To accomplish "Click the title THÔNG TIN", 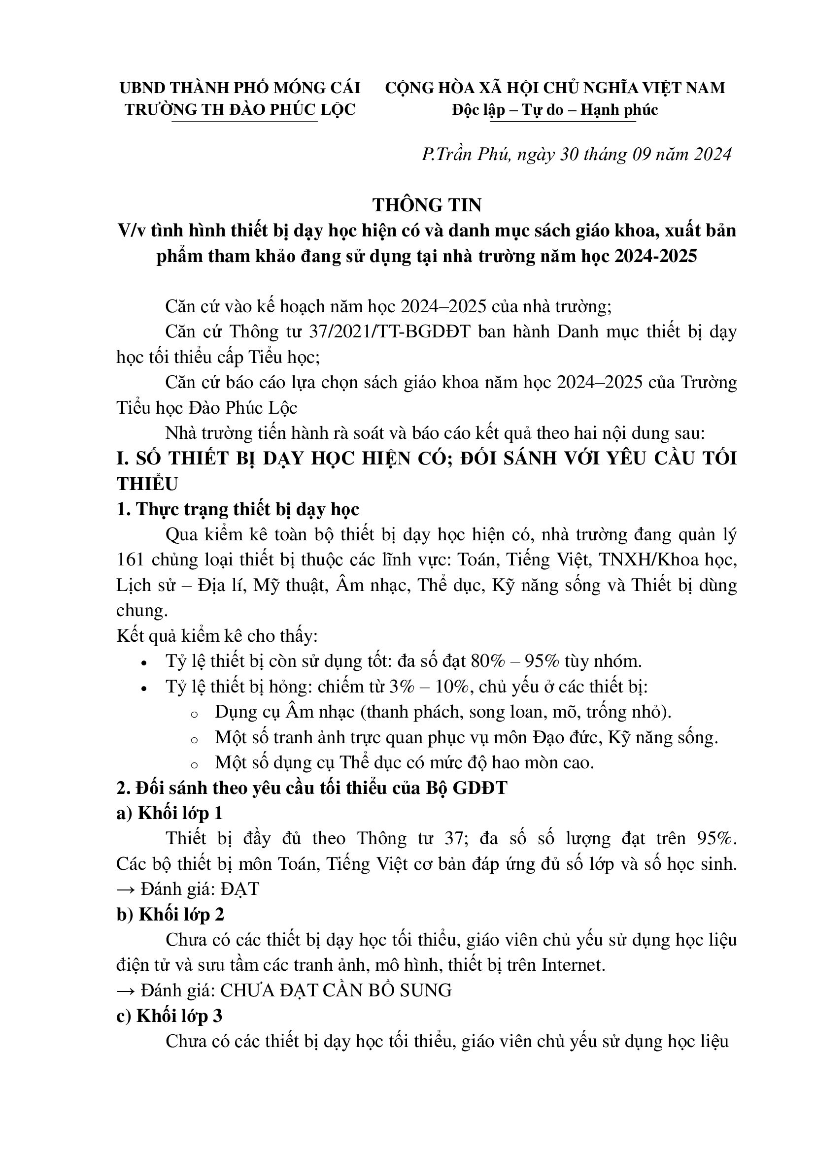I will (427, 205).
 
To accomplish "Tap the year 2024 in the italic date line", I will (713, 154).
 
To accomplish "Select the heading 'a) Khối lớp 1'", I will (170, 813).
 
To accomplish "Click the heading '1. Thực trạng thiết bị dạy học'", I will (238, 509).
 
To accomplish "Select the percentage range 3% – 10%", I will (429, 687).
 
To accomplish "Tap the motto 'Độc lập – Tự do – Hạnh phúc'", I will (554, 110).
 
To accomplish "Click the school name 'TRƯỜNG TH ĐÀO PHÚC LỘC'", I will (240, 110).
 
